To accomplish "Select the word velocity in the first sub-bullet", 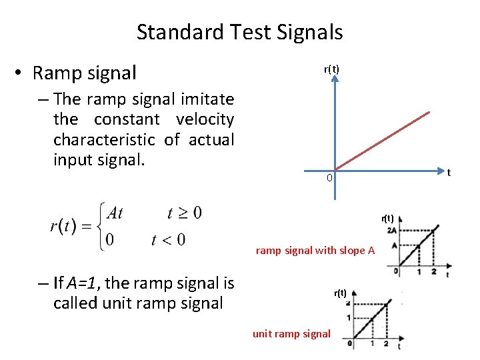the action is pyautogui.click(x=205, y=120).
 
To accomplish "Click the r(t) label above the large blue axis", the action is pyautogui.click(x=331, y=69).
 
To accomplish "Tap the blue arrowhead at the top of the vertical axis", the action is pyautogui.click(x=335, y=79).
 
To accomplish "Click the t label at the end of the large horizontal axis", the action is pyautogui.click(x=449, y=173).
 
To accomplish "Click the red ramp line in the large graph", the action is pyautogui.click(x=383, y=139).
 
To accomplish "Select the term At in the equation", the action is pyautogui.click(x=115, y=213).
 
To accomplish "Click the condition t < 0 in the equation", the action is pyautogui.click(x=168, y=239).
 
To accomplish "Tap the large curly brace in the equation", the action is pyautogui.click(x=101, y=226).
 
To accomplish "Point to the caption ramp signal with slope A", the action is pyautogui.click(x=315, y=251).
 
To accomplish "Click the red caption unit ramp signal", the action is pyautogui.click(x=291, y=333).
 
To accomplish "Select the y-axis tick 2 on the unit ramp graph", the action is pyautogui.click(x=348, y=304).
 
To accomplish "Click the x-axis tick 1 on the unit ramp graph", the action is pyautogui.click(x=372, y=344).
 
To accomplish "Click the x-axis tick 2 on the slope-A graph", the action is pyautogui.click(x=434, y=272).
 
